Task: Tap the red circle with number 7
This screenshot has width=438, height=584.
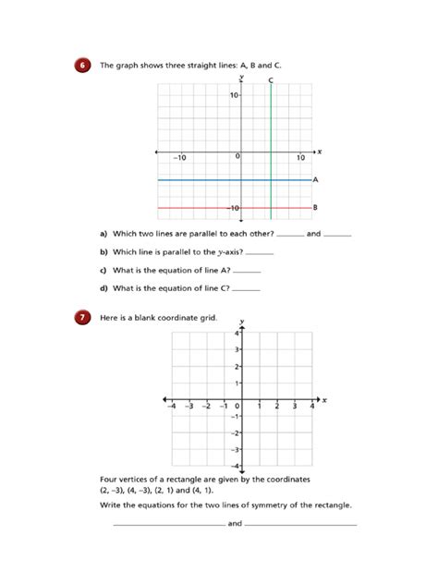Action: pos(84,317)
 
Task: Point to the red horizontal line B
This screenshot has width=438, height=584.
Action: pos(203,208)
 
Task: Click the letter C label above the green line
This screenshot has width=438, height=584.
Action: pos(271,80)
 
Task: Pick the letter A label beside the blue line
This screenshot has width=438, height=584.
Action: pos(316,179)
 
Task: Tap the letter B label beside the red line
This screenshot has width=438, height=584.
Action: pos(316,208)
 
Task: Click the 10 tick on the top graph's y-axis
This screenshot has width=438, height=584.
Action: pos(234,94)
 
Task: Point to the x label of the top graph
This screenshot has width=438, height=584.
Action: pos(319,150)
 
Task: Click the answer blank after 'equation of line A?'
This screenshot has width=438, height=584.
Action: pos(248,271)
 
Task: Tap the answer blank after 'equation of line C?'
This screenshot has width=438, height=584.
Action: pos(248,288)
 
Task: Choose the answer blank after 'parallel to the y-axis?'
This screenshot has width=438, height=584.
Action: pos(262,252)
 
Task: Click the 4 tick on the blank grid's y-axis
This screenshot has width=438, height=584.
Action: pos(237,333)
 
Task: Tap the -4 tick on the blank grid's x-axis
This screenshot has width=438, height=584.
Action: pos(171,406)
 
